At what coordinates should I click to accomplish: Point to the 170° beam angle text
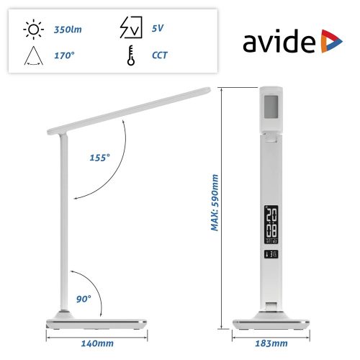coord(65,54)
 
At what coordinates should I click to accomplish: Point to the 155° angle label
coord(100,158)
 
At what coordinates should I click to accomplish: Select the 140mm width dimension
coord(97,343)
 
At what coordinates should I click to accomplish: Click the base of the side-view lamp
coord(96,322)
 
